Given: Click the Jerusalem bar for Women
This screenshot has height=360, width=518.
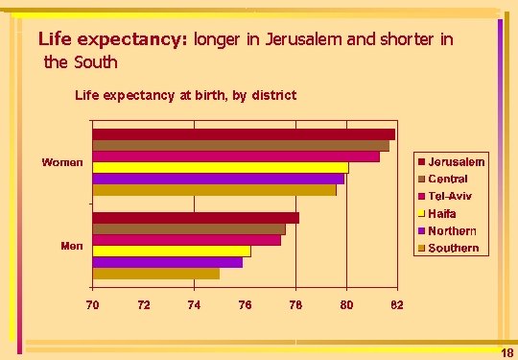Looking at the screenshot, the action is coord(244,134).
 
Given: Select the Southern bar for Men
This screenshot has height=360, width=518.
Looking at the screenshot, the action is coord(156,274).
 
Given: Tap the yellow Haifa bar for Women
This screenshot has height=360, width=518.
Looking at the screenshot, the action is coord(221,168).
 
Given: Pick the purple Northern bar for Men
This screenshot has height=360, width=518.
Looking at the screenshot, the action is coord(168,262).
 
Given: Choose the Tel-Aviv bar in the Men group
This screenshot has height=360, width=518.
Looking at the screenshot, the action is coord(187,240).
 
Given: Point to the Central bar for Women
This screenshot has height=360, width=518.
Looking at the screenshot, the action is coord(241,146).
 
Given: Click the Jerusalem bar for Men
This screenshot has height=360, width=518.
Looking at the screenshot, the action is coord(196,218).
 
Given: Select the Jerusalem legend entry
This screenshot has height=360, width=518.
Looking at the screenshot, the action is coord(451,162).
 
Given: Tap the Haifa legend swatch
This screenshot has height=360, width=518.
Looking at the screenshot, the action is coord(421,213).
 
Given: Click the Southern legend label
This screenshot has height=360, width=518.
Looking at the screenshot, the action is coord(454,248).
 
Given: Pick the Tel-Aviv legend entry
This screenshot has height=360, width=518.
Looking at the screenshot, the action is coord(445,197).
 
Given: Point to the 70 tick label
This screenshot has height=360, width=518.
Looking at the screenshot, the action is coord(92,304).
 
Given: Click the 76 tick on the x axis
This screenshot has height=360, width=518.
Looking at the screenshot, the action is coord(246,304).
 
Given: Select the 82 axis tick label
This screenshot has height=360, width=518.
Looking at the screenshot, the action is coord(397,304).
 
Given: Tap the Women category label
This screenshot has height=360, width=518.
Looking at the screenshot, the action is coord(62,162).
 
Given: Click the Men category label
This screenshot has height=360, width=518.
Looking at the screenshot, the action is coord(72,247).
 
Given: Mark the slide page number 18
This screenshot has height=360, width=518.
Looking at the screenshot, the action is coord(507,353).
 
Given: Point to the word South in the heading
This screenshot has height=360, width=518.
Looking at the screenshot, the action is coord(96,61).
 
